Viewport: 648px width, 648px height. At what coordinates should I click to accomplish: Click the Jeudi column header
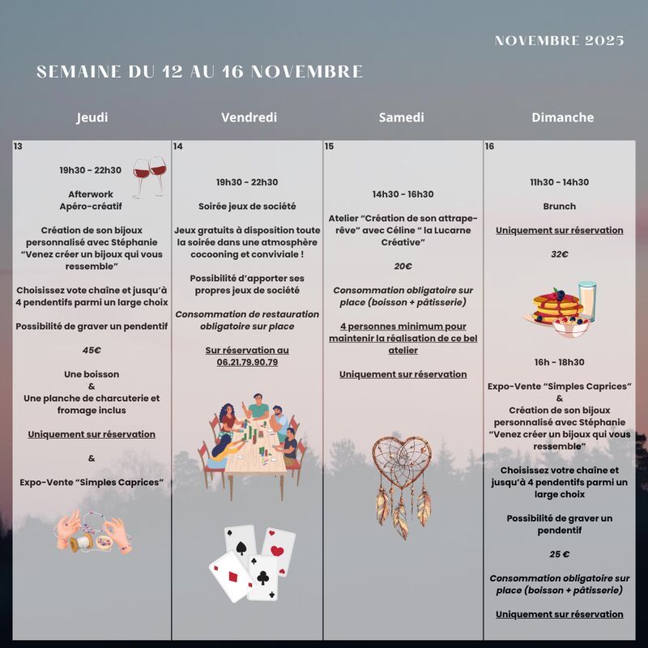click(92, 117)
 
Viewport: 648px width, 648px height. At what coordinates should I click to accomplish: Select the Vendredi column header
click(249, 117)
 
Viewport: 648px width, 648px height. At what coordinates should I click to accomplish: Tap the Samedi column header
click(401, 117)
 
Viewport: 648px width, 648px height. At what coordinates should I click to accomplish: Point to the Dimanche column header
click(562, 117)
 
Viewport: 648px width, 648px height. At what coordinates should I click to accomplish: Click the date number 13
click(18, 147)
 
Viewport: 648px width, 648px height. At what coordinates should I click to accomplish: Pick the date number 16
click(489, 147)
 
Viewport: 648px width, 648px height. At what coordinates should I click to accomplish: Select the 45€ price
click(92, 350)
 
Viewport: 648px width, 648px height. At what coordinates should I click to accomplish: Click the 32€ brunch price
click(559, 254)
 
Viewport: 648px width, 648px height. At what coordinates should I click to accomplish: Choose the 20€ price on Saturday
click(403, 266)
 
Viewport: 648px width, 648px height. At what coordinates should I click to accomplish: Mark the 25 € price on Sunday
click(559, 554)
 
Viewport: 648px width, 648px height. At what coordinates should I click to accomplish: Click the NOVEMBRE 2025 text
click(559, 41)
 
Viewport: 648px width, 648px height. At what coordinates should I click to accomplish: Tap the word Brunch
click(559, 207)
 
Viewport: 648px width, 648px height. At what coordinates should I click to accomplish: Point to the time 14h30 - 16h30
click(403, 194)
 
